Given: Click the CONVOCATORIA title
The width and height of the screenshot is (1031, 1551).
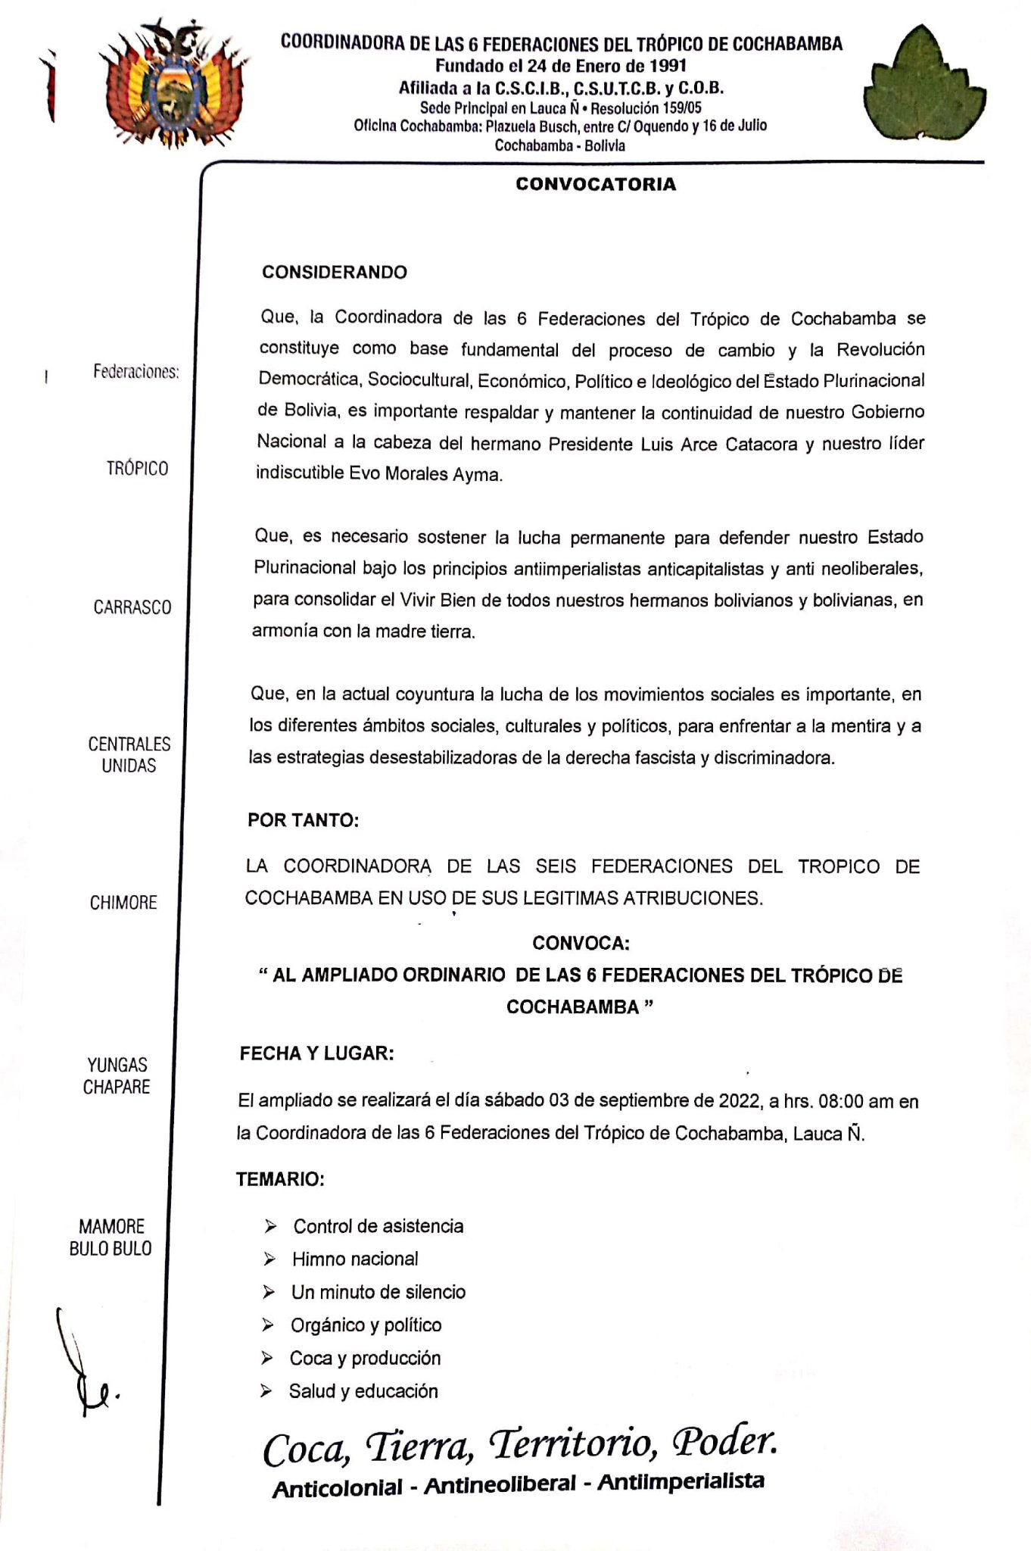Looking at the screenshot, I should [596, 184].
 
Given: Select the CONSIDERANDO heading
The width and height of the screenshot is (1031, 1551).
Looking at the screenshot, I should [334, 273].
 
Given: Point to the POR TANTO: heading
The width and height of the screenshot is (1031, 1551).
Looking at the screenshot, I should [303, 820].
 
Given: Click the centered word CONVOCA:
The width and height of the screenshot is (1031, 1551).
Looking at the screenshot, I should [581, 943].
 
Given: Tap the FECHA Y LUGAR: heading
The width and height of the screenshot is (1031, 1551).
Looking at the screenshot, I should [316, 1053].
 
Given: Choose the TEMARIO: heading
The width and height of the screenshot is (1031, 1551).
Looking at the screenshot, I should [280, 1179].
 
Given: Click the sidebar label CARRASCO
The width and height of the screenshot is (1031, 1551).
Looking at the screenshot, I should [132, 607].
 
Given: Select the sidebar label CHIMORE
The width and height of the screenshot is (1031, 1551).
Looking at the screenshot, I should [123, 903].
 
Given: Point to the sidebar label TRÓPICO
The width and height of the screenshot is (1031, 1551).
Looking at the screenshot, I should [137, 469].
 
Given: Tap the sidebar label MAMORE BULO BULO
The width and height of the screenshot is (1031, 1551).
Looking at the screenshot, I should [111, 1237].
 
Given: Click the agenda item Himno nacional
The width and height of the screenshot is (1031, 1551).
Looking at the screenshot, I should [355, 1259].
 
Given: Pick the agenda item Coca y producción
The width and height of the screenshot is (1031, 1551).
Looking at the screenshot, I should [365, 1358].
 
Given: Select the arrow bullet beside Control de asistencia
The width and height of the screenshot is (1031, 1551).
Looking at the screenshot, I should [270, 1226].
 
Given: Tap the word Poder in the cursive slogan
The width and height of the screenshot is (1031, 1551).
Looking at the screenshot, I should [724, 1441].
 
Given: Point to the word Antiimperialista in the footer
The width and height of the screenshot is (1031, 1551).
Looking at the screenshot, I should [681, 1482].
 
